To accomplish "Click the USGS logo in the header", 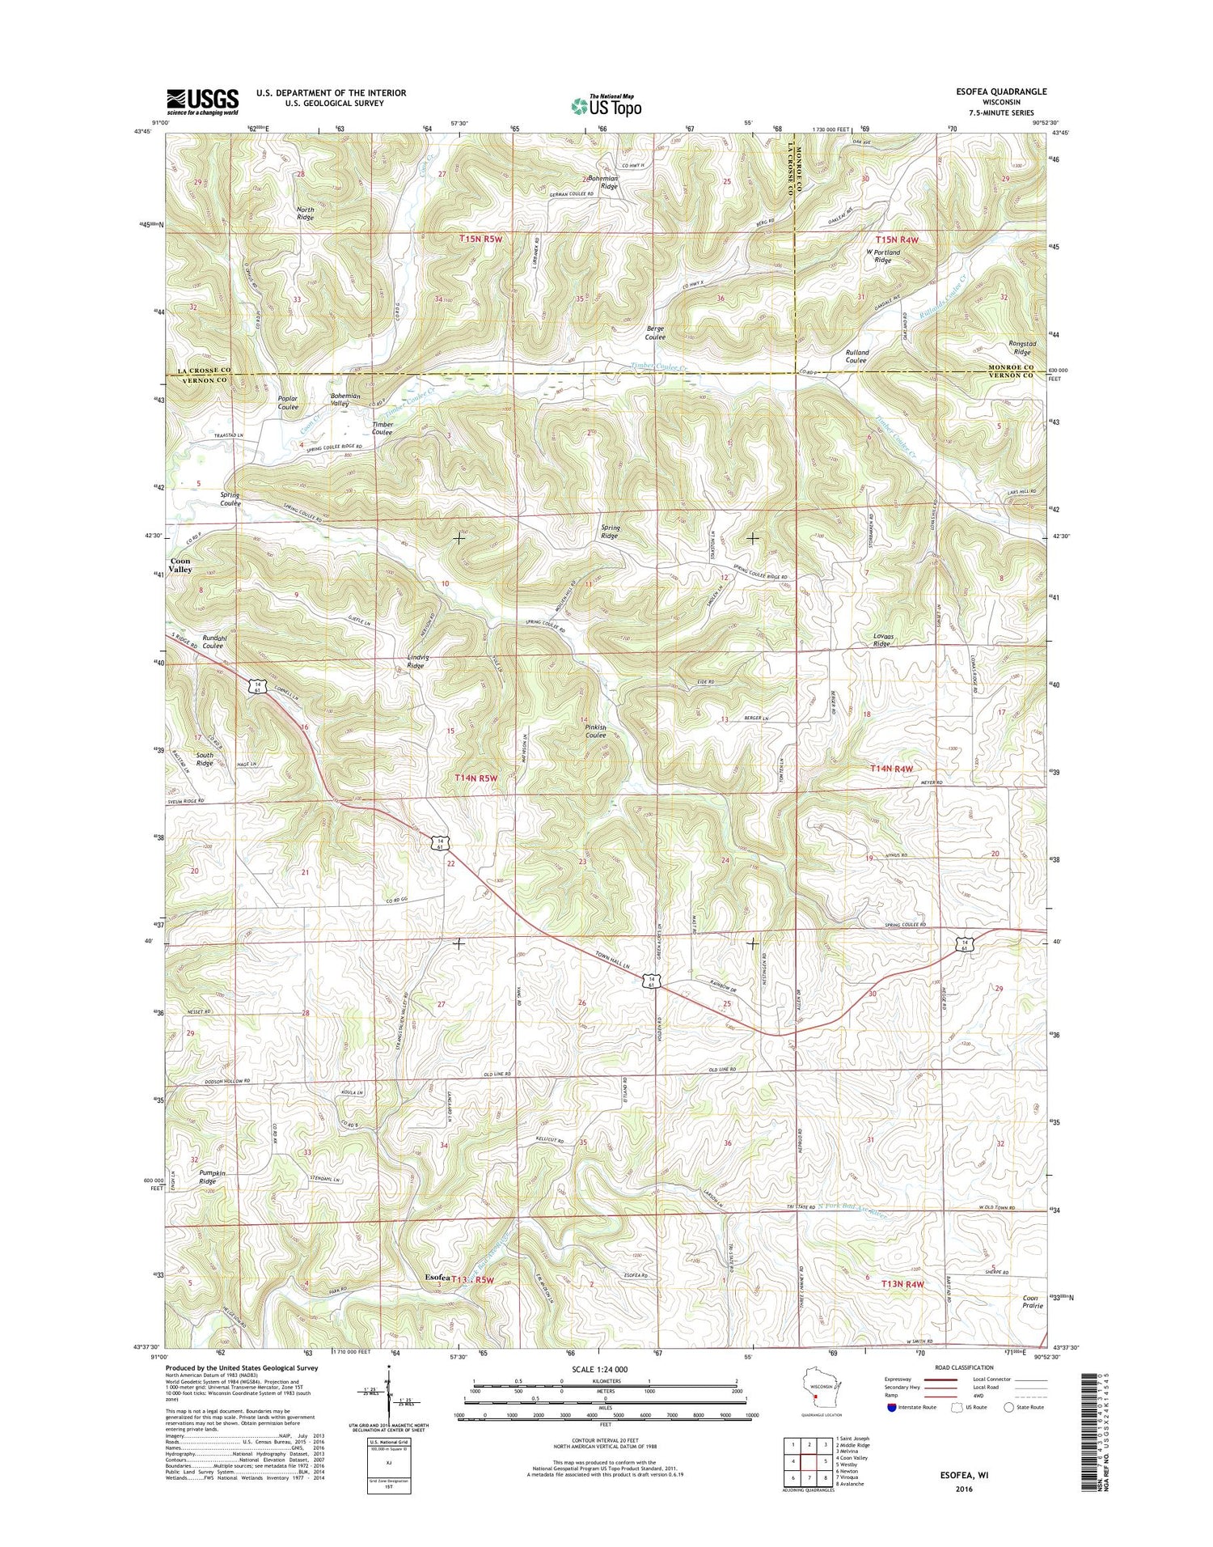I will point(202,100).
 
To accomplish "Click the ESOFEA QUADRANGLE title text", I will point(1000,91).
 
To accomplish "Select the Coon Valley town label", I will point(181,565).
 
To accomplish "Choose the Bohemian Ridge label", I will point(608,182).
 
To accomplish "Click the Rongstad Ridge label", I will point(1022,348).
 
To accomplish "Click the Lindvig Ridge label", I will point(416,662).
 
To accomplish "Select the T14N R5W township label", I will point(475,778).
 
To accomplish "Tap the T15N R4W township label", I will point(897,240).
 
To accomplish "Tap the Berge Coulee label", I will point(655,332).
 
